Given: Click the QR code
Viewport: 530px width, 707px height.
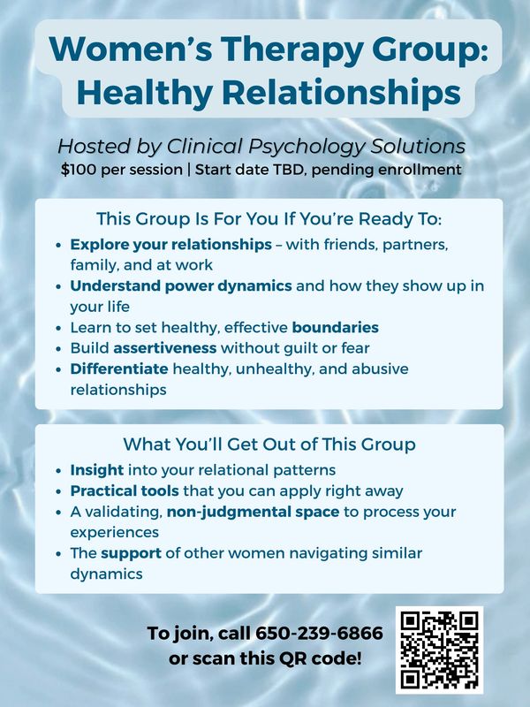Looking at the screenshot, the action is point(439,650).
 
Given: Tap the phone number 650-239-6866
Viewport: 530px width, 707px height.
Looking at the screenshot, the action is point(319,633).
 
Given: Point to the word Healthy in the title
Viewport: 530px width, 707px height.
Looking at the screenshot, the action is point(145,93).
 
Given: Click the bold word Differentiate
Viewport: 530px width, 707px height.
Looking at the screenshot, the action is point(119,369).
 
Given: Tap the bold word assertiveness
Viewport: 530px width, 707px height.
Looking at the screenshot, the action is point(165,348).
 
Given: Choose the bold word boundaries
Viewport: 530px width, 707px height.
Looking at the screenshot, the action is point(336,327).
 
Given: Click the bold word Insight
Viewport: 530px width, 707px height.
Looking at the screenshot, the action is point(97,470).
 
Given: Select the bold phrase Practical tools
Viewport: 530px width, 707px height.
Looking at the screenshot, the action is point(125,490).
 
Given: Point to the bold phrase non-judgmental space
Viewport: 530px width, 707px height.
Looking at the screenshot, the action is point(253,512).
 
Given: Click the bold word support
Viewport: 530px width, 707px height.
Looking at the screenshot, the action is point(131,553).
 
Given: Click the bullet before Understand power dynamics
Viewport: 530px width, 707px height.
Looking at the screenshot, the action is point(58,286).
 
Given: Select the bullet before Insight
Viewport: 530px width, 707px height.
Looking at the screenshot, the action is point(58,471).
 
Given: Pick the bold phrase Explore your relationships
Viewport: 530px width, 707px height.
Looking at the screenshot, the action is point(170,245).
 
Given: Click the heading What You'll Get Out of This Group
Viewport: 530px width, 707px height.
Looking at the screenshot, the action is point(269,445).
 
